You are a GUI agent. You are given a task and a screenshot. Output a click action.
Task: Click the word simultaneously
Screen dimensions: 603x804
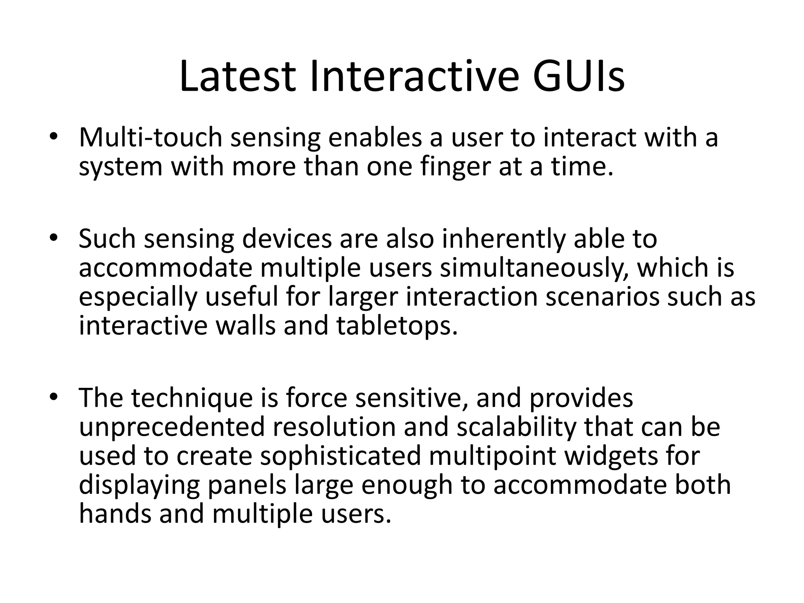535,268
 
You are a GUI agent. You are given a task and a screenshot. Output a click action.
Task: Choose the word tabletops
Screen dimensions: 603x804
397,326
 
